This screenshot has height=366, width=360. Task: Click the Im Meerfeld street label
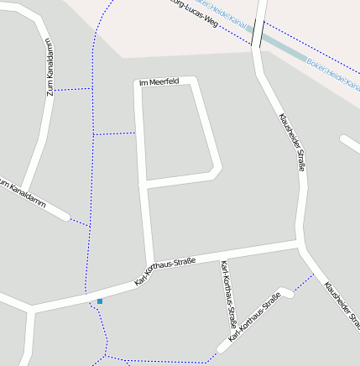(x=159, y=81)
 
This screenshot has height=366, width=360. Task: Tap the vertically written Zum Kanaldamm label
(x=50, y=66)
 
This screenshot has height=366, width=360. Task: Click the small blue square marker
(x=100, y=301)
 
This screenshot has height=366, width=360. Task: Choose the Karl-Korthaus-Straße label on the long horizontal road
(x=164, y=272)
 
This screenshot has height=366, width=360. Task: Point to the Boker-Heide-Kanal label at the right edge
(x=334, y=74)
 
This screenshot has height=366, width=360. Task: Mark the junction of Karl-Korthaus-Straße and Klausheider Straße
(x=300, y=245)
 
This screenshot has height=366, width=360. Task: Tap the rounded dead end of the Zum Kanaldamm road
(x=65, y=216)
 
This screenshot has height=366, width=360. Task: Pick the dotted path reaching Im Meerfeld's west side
(x=115, y=133)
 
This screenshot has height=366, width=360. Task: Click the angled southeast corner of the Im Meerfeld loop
(x=216, y=170)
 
